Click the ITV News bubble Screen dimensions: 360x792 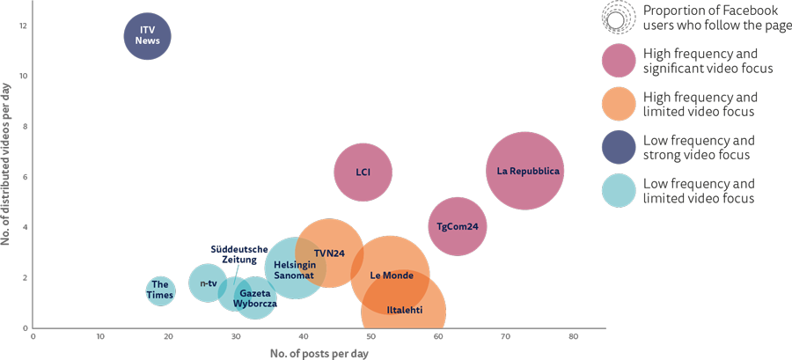(147, 36)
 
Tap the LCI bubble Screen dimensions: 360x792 (363, 173)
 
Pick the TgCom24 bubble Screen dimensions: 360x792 (458, 226)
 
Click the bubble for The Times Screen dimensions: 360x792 (159, 290)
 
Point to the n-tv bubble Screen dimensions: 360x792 (208, 283)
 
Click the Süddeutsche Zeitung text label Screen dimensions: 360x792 (238, 254)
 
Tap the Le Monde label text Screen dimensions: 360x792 (392, 276)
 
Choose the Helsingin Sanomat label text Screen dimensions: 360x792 (294, 269)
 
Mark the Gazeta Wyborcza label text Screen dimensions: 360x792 (255, 298)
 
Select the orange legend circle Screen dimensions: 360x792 (620, 104)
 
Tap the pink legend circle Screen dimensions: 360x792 (620, 61)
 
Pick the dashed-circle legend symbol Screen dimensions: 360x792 (619, 18)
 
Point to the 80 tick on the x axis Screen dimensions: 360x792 (573, 335)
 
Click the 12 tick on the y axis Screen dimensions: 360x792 (23, 26)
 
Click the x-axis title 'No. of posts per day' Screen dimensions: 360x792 (319, 353)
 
